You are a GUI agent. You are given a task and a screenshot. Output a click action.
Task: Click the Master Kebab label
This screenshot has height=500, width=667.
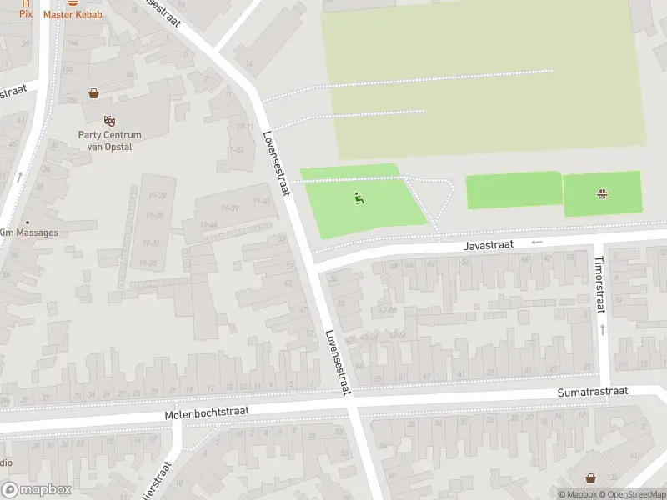[x=73, y=14]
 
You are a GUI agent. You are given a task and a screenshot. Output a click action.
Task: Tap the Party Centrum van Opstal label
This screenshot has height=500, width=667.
[x=109, y=141]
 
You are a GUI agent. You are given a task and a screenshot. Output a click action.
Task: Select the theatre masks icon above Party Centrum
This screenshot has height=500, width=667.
[x=109, y=121]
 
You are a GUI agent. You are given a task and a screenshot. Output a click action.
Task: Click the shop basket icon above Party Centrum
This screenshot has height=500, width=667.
[x=94, y=93]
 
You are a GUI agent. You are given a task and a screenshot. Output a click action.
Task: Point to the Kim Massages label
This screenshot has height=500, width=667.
[x=29, y=232]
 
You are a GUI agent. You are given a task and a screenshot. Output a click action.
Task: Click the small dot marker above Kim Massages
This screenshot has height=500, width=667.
[x=28, y=222]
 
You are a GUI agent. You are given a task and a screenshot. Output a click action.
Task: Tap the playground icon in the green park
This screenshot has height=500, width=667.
[x=359, y=198]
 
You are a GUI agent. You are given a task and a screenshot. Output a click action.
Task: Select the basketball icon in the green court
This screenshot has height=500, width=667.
[x=601, y=195]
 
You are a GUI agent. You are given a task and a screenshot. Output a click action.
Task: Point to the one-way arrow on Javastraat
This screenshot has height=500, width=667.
[x=536, y=242]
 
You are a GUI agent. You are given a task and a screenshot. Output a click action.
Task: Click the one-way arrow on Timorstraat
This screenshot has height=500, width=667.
[x=601, y=330]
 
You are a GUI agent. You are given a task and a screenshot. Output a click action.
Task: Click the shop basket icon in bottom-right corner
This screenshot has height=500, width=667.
[x=591, y=478]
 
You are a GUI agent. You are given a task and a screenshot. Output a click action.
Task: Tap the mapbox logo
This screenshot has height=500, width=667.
[x=37, y=490]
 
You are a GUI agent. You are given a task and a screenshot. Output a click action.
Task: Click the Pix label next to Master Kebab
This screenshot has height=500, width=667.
[x=26, y=14]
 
